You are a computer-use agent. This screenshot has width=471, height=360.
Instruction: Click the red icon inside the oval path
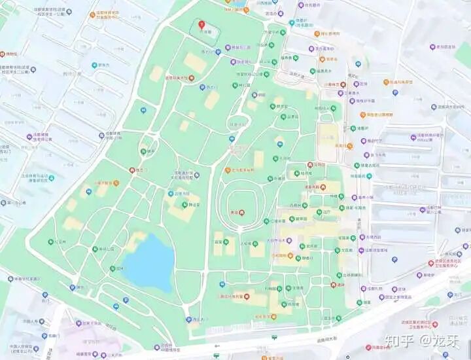pyautogui.click(x=241, y=212)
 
